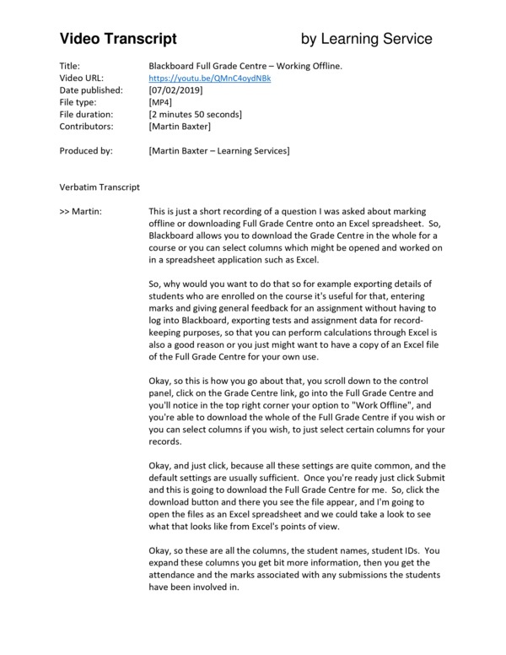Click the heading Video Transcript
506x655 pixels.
(118, 39)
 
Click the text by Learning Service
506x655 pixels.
(366, 39)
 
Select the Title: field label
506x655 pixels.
(71, 66)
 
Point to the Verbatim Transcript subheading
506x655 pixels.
(100, 187)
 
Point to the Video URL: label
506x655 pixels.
(83, 78)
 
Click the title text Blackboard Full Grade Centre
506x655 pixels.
(217, 66)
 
